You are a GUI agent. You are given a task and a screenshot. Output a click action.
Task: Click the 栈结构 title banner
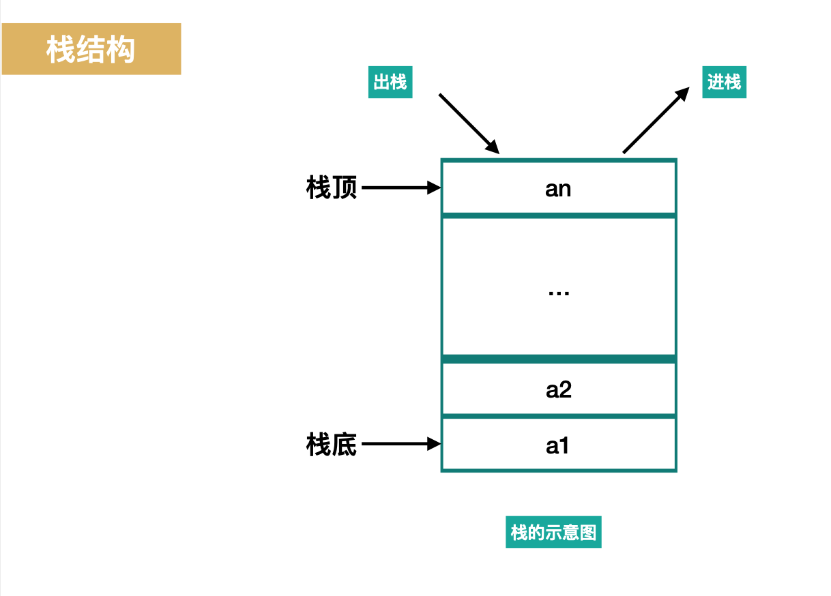(91, 49)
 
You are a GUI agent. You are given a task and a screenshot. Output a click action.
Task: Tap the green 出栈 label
(390, 83)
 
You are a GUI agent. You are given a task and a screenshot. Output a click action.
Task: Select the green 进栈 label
(724, 83)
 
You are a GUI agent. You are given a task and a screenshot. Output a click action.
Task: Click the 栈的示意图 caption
(553, 532)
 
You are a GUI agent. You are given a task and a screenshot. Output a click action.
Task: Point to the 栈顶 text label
(332, 188)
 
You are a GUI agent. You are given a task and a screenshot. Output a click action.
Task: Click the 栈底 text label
(332, 445)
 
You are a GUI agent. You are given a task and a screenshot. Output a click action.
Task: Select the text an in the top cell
(558, 189)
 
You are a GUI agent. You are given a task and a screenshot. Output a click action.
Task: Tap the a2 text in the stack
(558, 390)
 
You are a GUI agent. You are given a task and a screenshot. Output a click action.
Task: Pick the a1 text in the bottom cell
(558, 446)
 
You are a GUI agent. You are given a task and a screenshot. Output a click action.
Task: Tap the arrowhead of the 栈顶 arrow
(435, 188)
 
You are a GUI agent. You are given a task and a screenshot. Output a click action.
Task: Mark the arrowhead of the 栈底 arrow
(435, 445)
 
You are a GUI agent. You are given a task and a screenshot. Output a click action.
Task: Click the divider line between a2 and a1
(558, 416)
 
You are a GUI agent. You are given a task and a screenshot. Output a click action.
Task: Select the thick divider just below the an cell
(558, 215)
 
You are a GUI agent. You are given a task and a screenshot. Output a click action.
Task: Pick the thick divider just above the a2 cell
(558, 359)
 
